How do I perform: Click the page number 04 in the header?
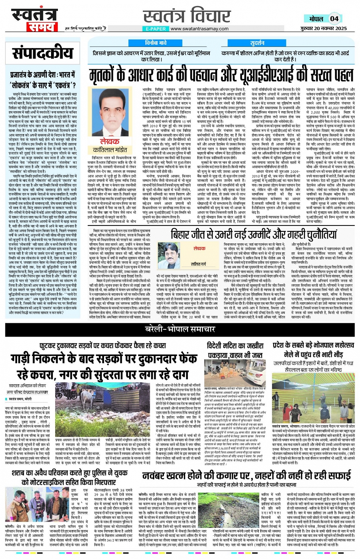pos(334,18)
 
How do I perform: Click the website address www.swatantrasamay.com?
pos(199,29)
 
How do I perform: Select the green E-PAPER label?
pos(156,29)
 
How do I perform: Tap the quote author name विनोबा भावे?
pos(155,43)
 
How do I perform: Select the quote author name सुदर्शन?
pos(257,43)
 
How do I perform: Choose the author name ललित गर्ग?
pos(198,264)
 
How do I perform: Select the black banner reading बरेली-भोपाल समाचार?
pos(180,329)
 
